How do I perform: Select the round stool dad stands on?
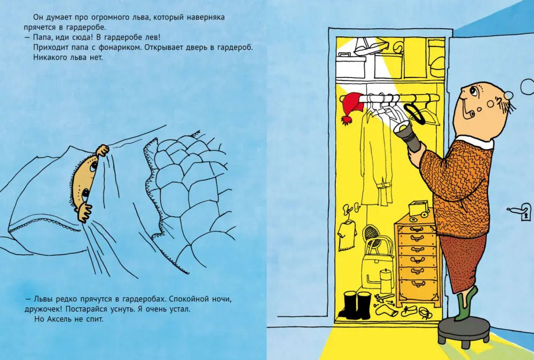point(464,332)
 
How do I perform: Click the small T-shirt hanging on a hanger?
point(347,234)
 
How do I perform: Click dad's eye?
point(473,90)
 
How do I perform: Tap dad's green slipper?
point(466,303)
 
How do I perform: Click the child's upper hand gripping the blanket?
point(102,150)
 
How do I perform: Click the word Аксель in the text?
point(59,319)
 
